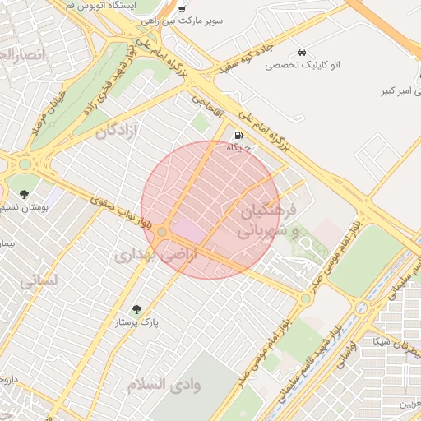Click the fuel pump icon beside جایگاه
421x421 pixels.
pyautogui.click(x=238, y=136)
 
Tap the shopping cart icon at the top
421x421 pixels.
pyautogui.click(x=181, y=8)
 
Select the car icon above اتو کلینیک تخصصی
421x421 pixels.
pyautogui.click(x=304, y=51)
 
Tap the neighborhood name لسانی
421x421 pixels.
pyautogui.click(x=39, y=280)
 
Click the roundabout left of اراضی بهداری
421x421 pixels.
pyautogui.click(x=163, y=234)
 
